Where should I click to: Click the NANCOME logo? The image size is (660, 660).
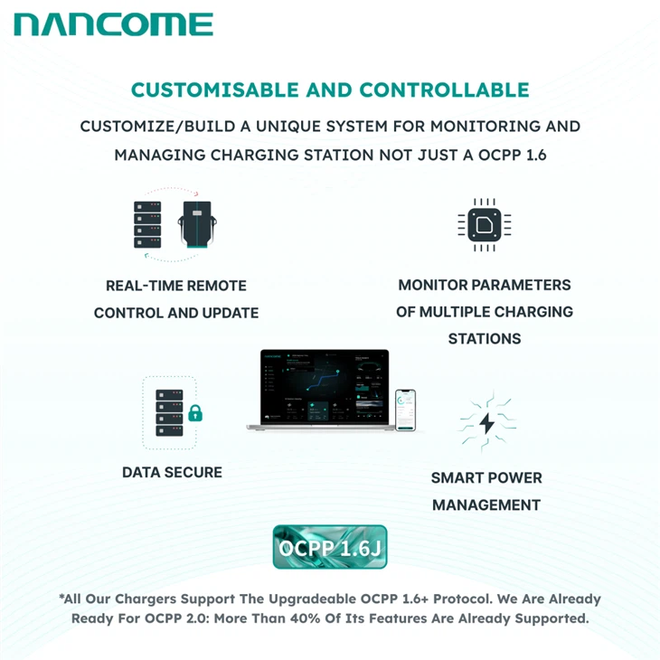[x=114, y=24]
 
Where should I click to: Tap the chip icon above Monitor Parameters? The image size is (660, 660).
[x=485, y=224]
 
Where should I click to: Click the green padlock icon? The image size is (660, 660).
[x=194, y=414]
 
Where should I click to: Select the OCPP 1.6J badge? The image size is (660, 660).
[x=330, y=547]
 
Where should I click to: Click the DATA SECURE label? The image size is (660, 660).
[x=172, y=472]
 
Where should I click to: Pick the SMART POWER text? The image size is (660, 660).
[x=486, y=477]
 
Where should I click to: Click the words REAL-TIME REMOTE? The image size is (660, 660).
[x=176, y=286]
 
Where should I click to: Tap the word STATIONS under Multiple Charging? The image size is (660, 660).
[x=485, y=339]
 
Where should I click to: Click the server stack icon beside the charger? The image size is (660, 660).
[x=147, y=224]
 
